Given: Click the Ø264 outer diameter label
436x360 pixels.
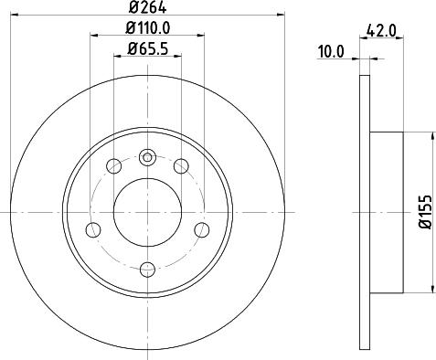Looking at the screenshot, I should [146, 11].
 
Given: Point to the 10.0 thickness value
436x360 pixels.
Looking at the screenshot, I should [330, 52].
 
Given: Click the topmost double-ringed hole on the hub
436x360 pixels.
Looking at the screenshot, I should [146, 156].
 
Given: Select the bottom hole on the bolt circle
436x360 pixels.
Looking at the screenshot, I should [146, 268].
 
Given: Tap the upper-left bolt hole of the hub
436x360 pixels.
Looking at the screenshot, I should [113, 166].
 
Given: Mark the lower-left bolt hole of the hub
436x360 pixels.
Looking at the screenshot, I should [91, 229].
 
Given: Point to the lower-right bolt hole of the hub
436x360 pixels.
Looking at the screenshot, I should [201, 229].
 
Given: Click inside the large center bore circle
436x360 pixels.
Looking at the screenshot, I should [146, 212].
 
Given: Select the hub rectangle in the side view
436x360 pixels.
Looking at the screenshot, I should [386, 212].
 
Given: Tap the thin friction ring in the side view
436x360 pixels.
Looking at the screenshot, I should [364, 212].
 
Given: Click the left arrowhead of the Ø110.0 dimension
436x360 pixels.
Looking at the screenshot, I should [94, 37].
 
